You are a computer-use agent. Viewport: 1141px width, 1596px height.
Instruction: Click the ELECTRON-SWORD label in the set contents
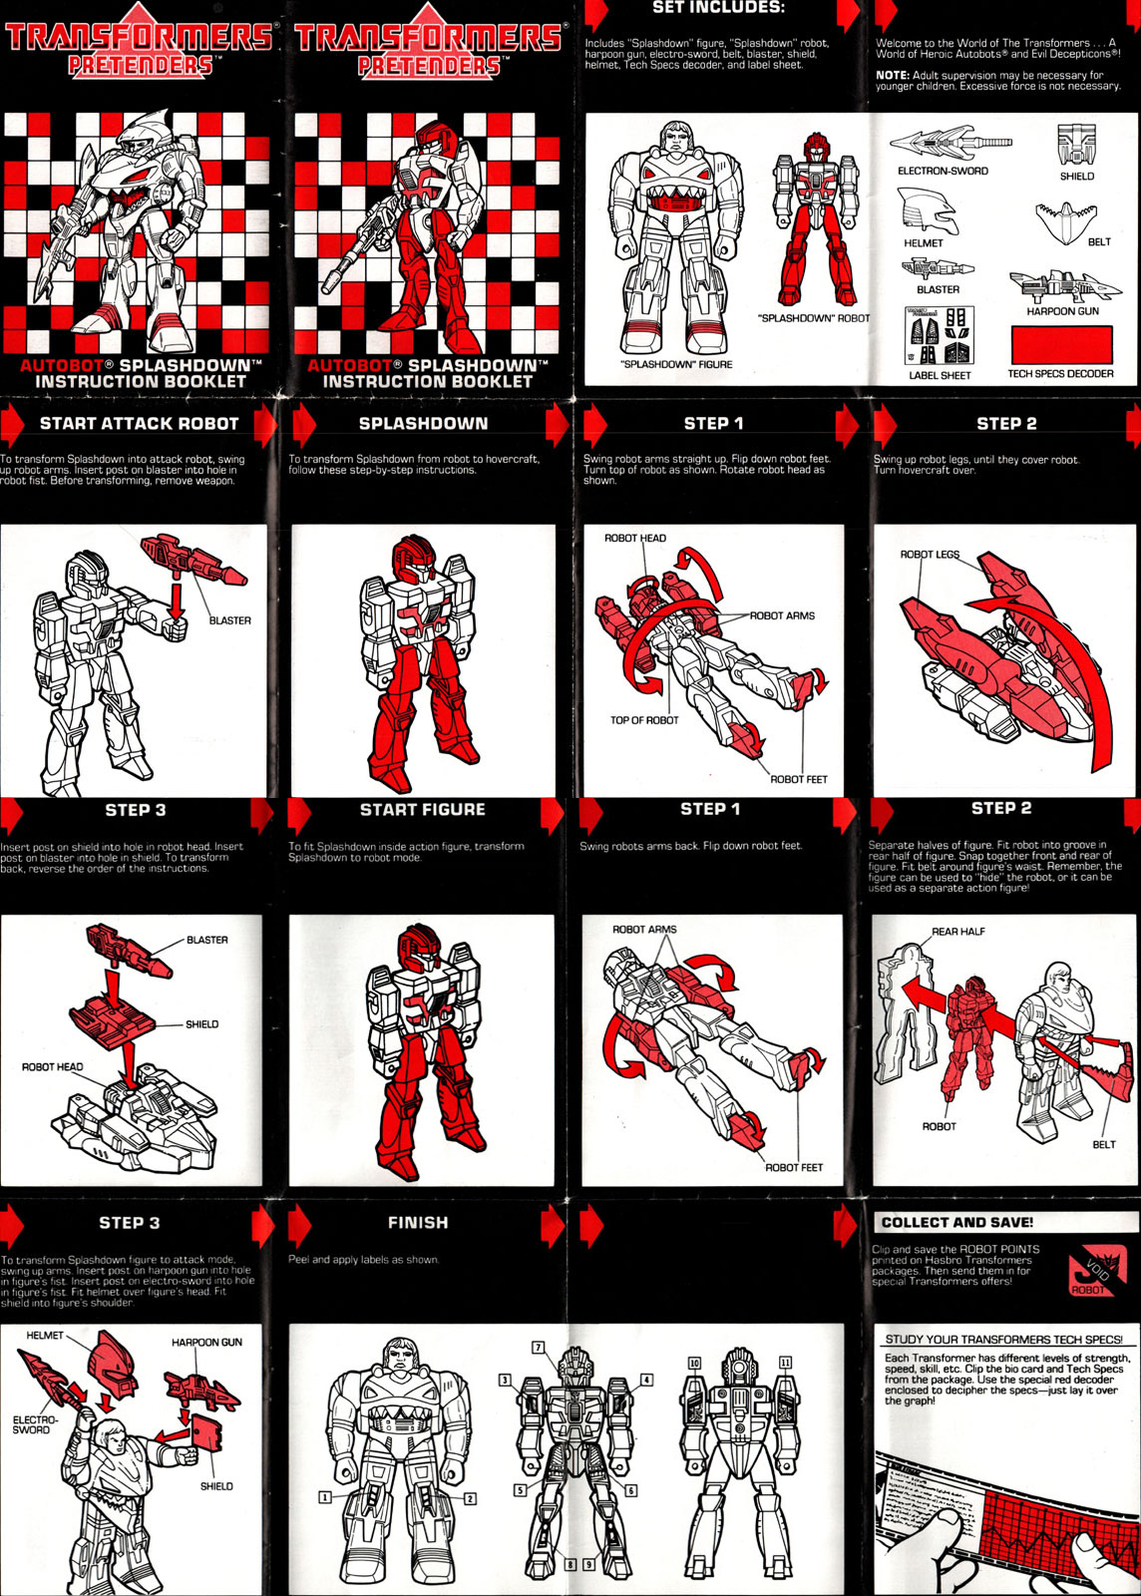[943, 171]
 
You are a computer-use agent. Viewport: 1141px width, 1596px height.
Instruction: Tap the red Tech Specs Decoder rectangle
[1061, 344]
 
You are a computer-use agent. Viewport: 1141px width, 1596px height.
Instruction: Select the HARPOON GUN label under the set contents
[1062, 311]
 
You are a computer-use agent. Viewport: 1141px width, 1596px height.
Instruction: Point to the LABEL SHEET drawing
[939, 335]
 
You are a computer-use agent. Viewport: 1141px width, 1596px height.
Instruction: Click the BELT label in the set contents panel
[1099, 242]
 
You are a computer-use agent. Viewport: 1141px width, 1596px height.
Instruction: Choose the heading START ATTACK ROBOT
[139, 423]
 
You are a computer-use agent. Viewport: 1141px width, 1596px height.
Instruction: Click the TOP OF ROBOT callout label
[644, 720]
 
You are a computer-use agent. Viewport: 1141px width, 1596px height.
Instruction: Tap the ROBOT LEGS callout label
[930, 555]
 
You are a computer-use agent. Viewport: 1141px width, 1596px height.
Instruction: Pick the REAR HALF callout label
[957, 932]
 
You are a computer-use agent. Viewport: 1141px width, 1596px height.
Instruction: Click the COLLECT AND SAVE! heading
[956, 1223]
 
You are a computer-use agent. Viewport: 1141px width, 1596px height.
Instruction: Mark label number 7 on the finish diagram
[539, 1348]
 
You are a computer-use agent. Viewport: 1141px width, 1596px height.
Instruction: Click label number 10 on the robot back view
[694, 1363]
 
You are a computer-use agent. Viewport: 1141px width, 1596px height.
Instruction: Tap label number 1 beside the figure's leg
[324, 1497]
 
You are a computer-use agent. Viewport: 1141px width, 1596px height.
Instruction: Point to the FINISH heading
[418, 1223]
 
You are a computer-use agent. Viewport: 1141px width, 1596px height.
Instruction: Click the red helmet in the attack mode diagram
[114, 1363]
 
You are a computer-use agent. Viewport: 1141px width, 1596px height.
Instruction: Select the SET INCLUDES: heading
[719, 8]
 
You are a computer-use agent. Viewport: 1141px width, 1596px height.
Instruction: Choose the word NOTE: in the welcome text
[893, 75]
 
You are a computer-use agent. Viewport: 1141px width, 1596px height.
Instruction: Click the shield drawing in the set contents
[1076, 145]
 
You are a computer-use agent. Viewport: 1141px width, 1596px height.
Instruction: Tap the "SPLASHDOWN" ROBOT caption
[814, 318]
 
